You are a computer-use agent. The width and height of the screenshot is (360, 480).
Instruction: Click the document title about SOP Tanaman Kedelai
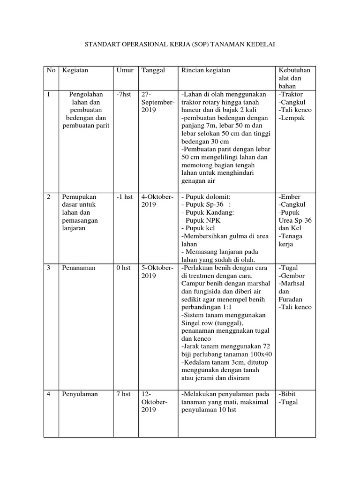180,45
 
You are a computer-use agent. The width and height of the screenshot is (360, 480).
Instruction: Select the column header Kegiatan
75,70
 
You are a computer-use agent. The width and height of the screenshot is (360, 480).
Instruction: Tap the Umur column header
124,70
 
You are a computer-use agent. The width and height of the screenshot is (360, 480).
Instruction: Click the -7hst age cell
124,95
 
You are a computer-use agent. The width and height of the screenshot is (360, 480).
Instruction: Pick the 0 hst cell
123,268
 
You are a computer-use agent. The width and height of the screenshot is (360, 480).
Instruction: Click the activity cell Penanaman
78,268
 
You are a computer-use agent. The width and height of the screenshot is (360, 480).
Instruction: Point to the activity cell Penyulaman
80,394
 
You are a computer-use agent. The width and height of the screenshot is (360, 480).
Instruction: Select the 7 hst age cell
123,394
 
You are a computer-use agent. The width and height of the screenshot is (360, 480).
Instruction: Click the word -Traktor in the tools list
291,95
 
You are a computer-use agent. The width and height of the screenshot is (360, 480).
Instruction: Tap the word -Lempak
291,118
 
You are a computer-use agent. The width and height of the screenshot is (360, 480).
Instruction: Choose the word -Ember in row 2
289,197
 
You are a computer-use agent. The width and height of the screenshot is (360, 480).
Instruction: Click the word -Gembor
292,276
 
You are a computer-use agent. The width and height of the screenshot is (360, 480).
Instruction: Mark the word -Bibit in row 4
287,394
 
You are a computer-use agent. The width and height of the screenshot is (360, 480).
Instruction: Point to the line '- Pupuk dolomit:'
206,197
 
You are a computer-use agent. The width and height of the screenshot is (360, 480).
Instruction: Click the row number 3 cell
49,268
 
